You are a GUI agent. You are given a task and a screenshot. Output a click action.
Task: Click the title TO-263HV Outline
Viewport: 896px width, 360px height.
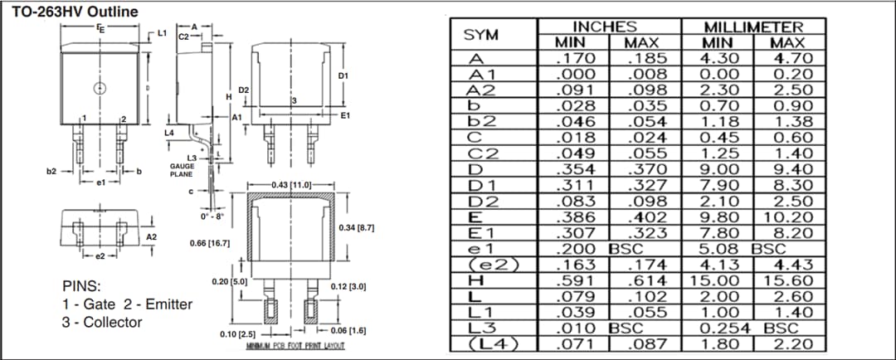click(75, 11)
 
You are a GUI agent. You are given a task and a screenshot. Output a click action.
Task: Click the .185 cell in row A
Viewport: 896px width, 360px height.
click(645, 59)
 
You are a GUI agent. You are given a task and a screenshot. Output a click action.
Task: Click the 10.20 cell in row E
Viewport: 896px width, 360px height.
click(791, 217)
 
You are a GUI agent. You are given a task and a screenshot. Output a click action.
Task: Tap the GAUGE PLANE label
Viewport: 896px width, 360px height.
click(182, 170)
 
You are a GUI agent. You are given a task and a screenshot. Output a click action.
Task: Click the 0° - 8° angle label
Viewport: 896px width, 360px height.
click(212, 216)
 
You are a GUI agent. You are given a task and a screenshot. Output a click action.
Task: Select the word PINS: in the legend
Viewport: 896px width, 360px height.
click(82, 286)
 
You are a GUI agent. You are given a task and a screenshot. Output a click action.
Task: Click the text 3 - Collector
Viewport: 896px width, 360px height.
click(102, 322)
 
